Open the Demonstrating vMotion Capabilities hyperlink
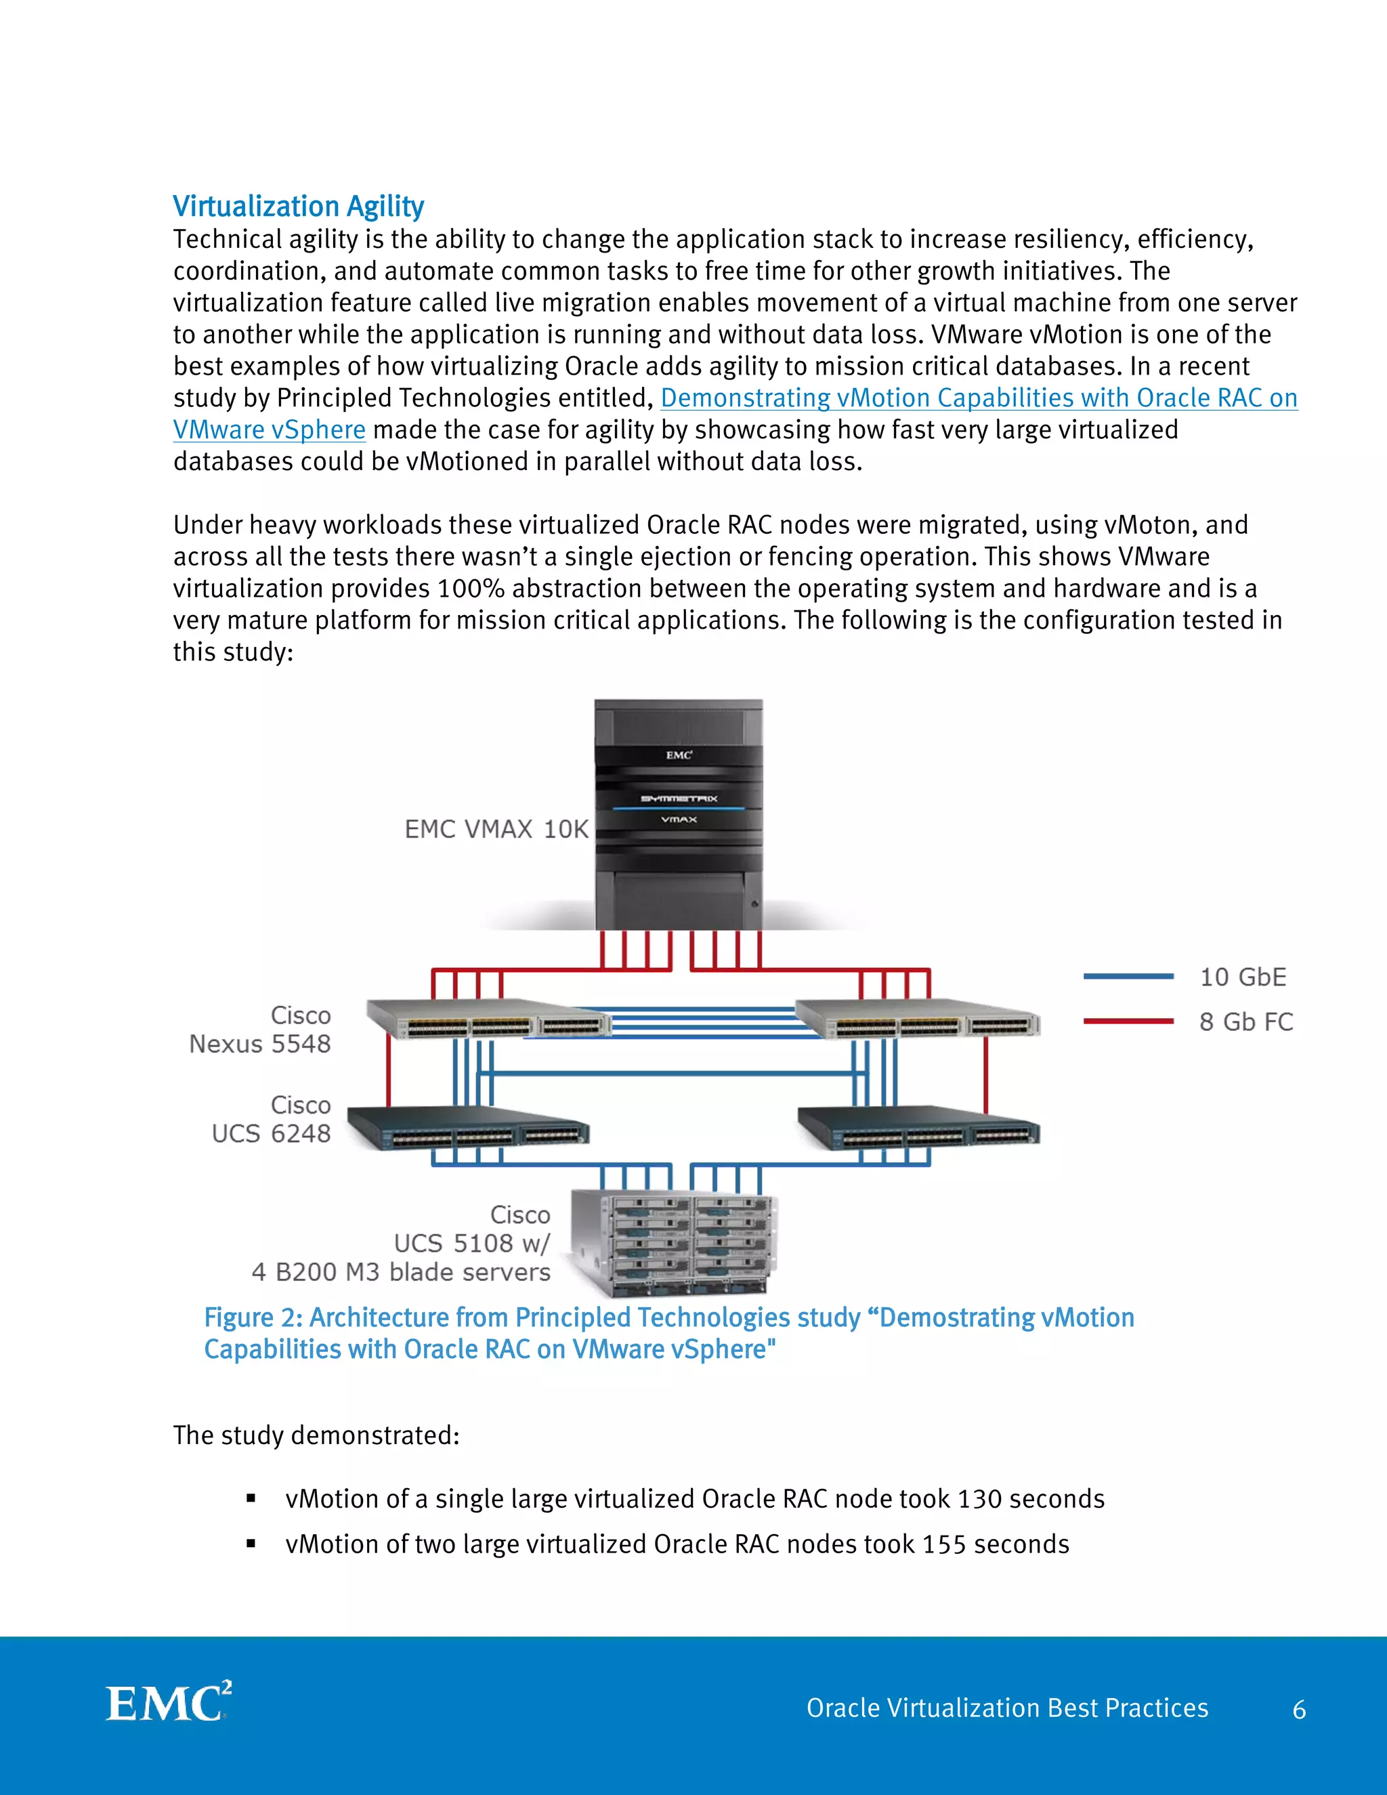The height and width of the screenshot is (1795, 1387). point(978,398)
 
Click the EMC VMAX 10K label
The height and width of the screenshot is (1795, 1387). point(496,828)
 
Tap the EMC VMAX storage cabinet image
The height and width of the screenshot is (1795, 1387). point(679,814)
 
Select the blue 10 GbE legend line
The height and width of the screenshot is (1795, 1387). point(1128,976)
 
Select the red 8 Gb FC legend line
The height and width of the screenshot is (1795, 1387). point(1128,1021)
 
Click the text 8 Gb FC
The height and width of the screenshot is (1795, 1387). point(1245,1021)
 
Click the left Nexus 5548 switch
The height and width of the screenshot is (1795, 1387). point(488,1019)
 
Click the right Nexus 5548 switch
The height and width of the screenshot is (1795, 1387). point(918,1019)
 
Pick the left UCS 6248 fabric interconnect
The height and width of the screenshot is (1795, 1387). point(467,1128)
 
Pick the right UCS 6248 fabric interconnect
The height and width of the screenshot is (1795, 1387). point(918,1128)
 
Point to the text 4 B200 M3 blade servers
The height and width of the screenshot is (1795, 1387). point(401,1271)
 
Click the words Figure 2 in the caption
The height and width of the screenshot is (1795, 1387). point(252,1317)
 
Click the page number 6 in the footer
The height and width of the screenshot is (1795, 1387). point(1299,1710)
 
